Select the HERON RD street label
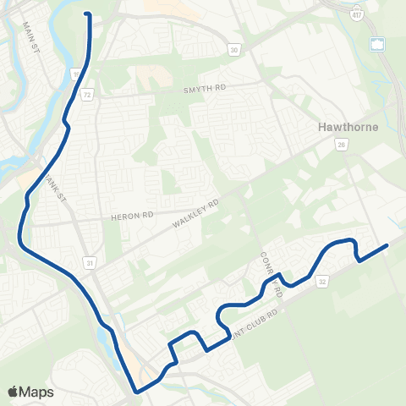tap(129, 217)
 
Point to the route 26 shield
tap(342, 145)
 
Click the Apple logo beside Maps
tap(14, 392)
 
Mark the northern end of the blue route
tap(87, 14)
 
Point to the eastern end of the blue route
tap(387, 245)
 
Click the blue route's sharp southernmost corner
tap(134, 392)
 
